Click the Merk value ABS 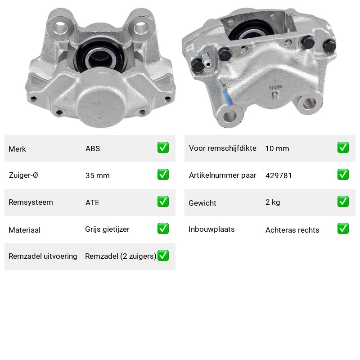pyautogui.click(x=93, y=148)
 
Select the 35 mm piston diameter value pyautogui.click(x=97, y=175)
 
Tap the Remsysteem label pyautogui.click(x=31, y=202)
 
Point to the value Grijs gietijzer pyautogui.click(x=107, y=229)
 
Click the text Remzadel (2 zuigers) pyautogui.click(x=121, y=256)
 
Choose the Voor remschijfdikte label pyautogui.click(x=222, y=148)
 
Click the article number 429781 pyautogui.click(x=279, y=175)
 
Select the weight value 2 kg pyautogui.click(x=273, y=202)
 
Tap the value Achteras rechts pyautogui.click(x=292, y=230)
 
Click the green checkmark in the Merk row pyautogui.click(x=163, y=148)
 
